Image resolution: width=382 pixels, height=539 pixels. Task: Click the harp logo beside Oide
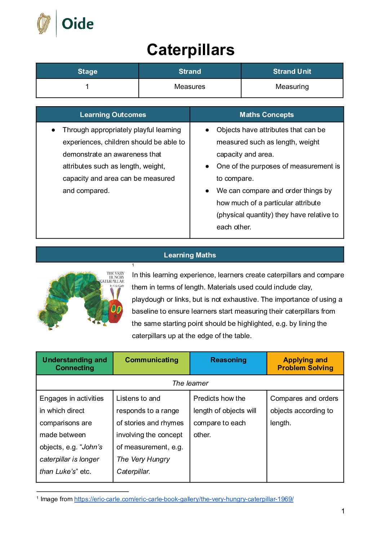[44, 24]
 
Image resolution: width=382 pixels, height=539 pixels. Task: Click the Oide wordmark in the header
[77, 24]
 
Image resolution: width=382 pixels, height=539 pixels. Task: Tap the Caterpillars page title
[191, 50]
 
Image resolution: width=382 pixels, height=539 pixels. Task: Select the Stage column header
[88, 71]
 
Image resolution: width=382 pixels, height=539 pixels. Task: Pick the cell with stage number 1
[87, 87]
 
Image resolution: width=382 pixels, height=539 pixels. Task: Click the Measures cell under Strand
[190, 87]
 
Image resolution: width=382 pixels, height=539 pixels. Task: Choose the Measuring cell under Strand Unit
[292, 87]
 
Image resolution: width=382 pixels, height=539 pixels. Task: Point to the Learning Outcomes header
[113, 114]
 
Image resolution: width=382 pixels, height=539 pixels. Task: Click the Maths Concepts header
[267, 114]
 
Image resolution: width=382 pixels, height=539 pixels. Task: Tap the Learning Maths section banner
[190, 255]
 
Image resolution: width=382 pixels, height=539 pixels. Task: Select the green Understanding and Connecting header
[75, 364]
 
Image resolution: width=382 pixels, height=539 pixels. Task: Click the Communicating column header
[151, 360]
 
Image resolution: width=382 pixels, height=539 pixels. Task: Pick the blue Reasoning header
[228, 360]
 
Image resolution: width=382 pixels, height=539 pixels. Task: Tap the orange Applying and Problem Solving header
[305, 364]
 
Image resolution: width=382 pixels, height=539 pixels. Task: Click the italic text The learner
[190, 383]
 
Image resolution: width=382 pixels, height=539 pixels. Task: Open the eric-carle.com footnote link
[184, 499]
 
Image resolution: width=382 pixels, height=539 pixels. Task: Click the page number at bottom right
[343, 511]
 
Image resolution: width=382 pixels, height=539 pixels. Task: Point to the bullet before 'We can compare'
[207, 191]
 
